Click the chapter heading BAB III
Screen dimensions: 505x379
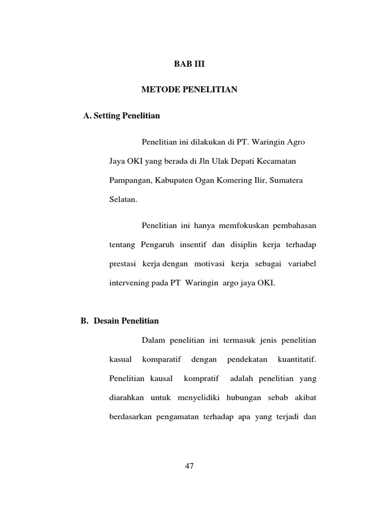tap(189, 64)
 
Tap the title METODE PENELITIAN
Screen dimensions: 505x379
tap(189, 90)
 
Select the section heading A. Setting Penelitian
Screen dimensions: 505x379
tap(122, 116)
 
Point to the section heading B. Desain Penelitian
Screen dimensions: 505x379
tap(119, 321)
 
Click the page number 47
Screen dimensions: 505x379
tap(189, 467)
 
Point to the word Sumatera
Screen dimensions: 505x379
tap(287, 180)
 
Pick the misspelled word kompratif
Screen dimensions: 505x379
tap(199, 379)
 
